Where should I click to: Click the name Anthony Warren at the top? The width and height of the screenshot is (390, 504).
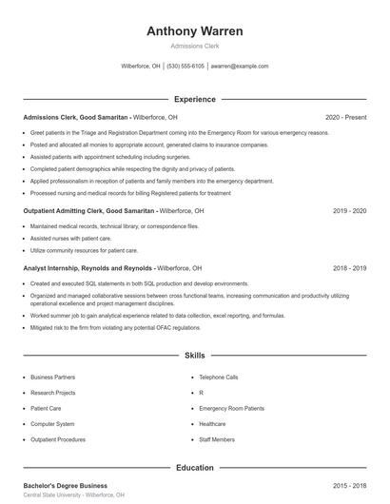click(x=195, y=31)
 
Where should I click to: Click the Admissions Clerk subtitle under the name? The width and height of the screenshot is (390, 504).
click(x=195, y=46)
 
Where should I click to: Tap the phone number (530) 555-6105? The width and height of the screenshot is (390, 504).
click(x=185, y=67)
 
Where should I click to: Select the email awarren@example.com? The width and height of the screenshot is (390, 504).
click(x=240, y=67)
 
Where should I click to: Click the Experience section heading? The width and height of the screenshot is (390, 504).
click(x=195, y=99)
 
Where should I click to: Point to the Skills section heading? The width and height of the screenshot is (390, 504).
click(x=195, y=356)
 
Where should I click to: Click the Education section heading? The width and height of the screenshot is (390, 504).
click(x=195, y=467)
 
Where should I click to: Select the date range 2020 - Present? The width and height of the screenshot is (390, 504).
click(x=345, y=117)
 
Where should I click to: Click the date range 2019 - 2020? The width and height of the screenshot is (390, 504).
click(x=348, y=210)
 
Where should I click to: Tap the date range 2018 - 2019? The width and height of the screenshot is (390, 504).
click(x=348, y=268)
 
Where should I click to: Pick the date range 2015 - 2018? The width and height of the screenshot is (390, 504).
click(x=348, y=486)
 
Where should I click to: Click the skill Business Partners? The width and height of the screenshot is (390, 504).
click(x=52, y=377)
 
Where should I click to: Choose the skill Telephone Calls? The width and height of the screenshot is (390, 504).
click(x=219, y=377)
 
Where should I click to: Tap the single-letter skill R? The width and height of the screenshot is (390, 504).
click(x=201, y=392)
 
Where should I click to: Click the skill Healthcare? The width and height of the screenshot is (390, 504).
click(x=212, y=423)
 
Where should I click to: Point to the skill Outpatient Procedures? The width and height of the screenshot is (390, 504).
click(x=58, y=439)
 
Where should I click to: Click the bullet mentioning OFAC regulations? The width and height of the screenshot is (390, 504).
click(x=115, y=327)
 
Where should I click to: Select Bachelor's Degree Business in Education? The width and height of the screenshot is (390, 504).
click(x=65, y=486)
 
